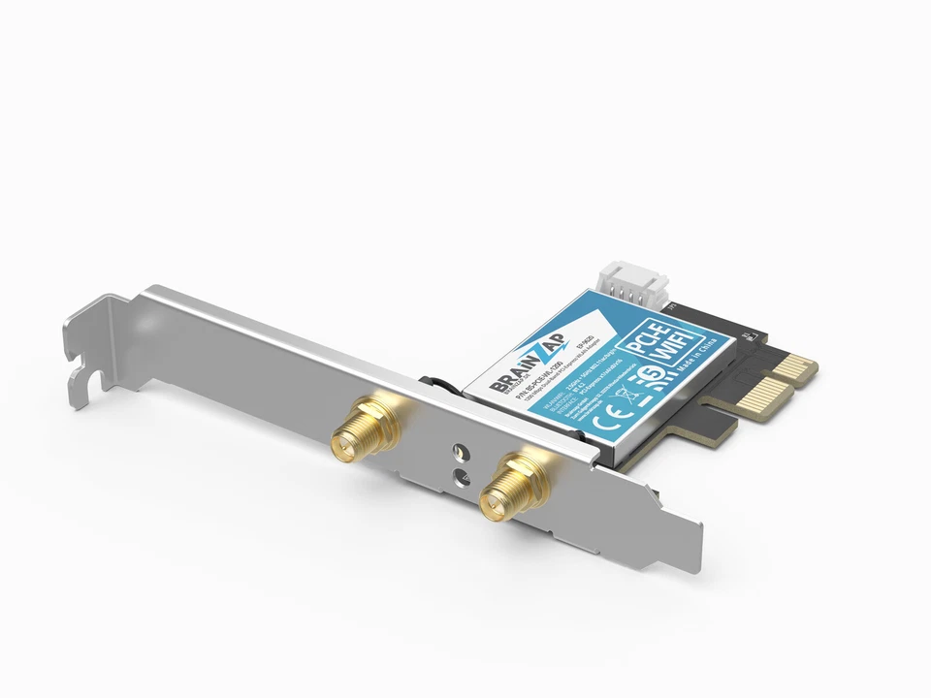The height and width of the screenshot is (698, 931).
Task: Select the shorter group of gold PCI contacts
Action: coord(794,366)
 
